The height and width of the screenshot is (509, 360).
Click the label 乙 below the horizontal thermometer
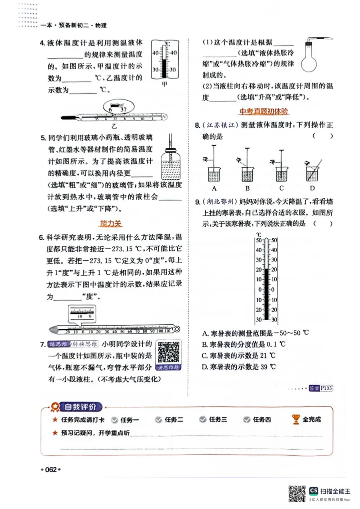(x=114, y=126)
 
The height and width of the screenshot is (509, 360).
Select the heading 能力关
(x=110, y=223)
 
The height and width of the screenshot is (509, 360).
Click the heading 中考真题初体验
(x=264, y=111)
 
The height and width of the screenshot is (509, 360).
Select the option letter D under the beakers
(x=312, y=188)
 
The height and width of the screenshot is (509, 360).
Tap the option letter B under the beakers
(x=247, y=188)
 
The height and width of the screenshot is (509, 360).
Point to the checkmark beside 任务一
(x=114, y=420)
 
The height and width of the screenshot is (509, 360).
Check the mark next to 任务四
(x=247, y=420)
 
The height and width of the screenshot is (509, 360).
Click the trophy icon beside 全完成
(x=296, y=419)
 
